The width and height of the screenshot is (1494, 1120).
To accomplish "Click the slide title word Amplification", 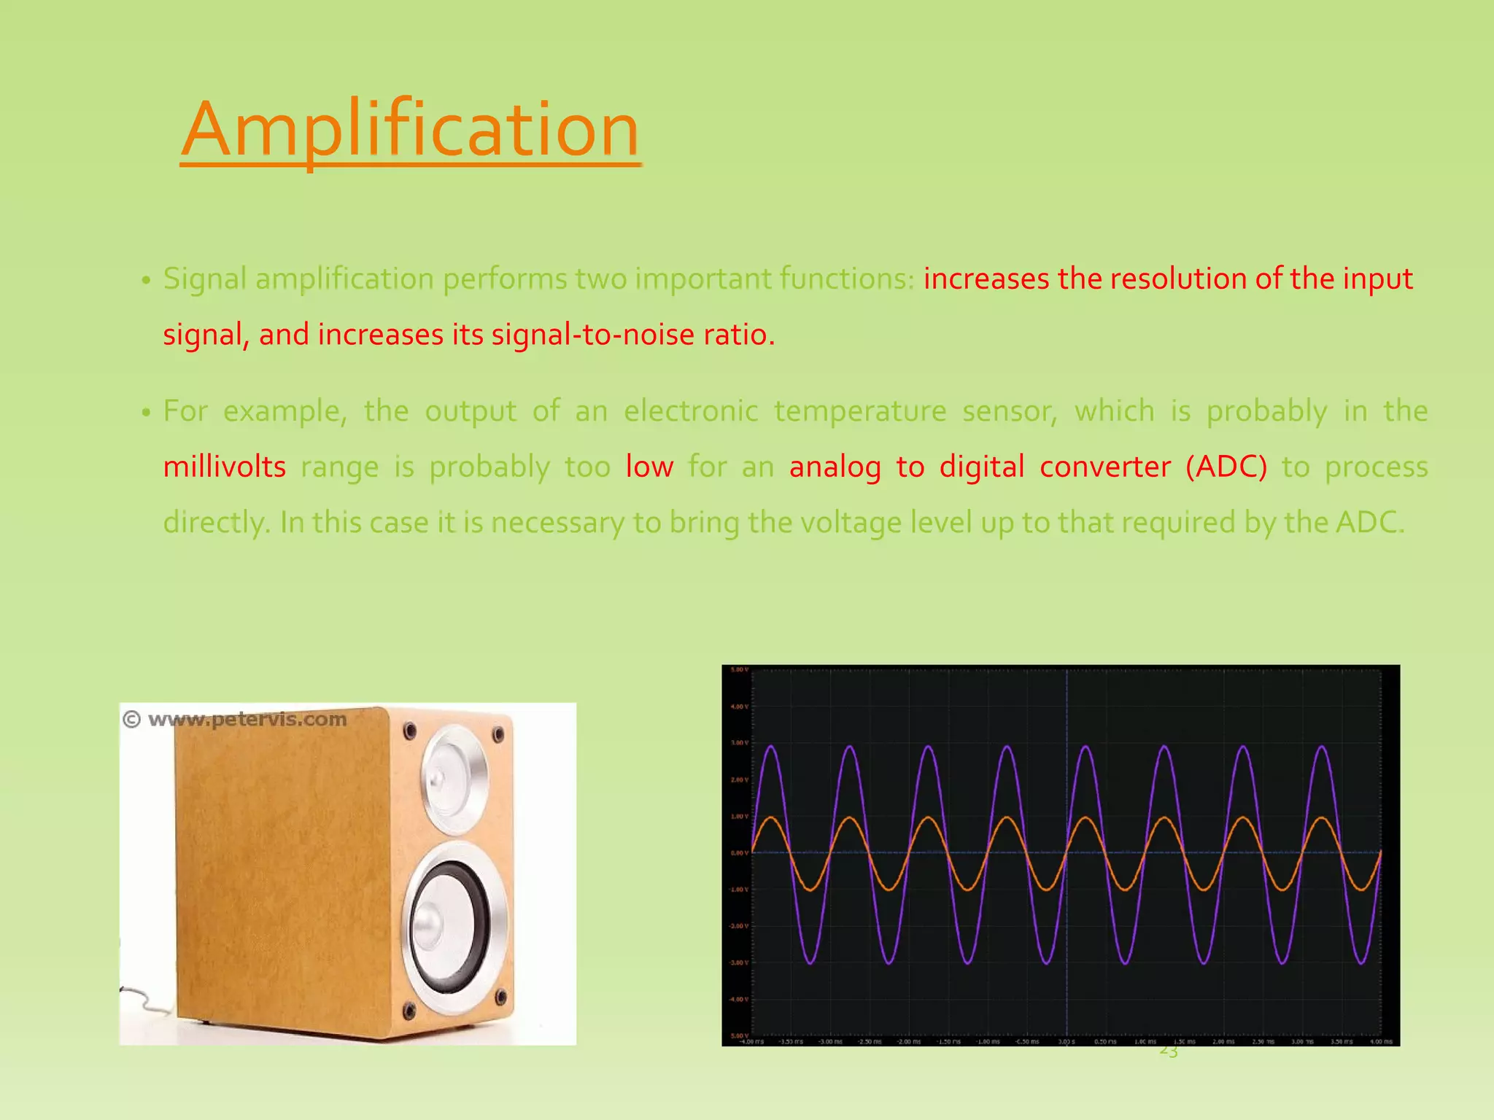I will click(x=410, y=130).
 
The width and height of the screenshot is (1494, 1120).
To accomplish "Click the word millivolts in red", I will click(x=225, y=467).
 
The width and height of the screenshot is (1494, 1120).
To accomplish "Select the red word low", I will click(x=649, y=467).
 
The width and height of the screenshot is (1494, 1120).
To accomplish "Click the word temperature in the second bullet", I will click(x=860, y=411).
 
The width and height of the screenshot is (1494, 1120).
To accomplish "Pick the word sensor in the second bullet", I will click(x=1010, y=411).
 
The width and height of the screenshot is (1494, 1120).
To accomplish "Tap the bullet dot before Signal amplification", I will click(x=146, y=281).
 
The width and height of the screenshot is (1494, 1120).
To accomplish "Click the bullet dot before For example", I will click(x=146, y=413).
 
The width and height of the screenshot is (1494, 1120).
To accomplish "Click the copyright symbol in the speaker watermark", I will click(x=131, y=720).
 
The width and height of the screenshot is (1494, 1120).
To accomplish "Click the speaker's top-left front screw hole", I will click(x=410, y=729).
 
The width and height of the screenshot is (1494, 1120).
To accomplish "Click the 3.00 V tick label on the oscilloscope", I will click(x=738, y=743).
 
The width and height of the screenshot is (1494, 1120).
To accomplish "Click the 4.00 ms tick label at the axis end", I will click(x=1380, y=1042).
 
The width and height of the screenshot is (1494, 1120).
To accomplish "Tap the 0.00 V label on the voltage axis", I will click(x=738, y=853).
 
